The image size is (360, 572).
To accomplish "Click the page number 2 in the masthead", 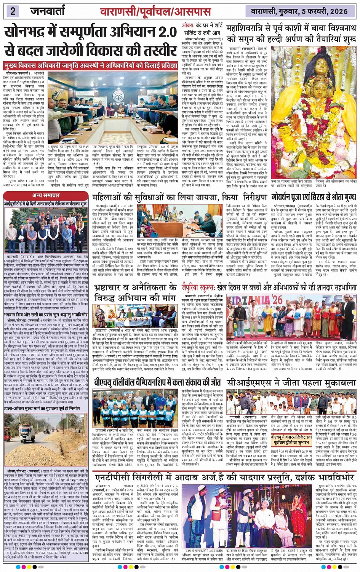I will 13,11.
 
